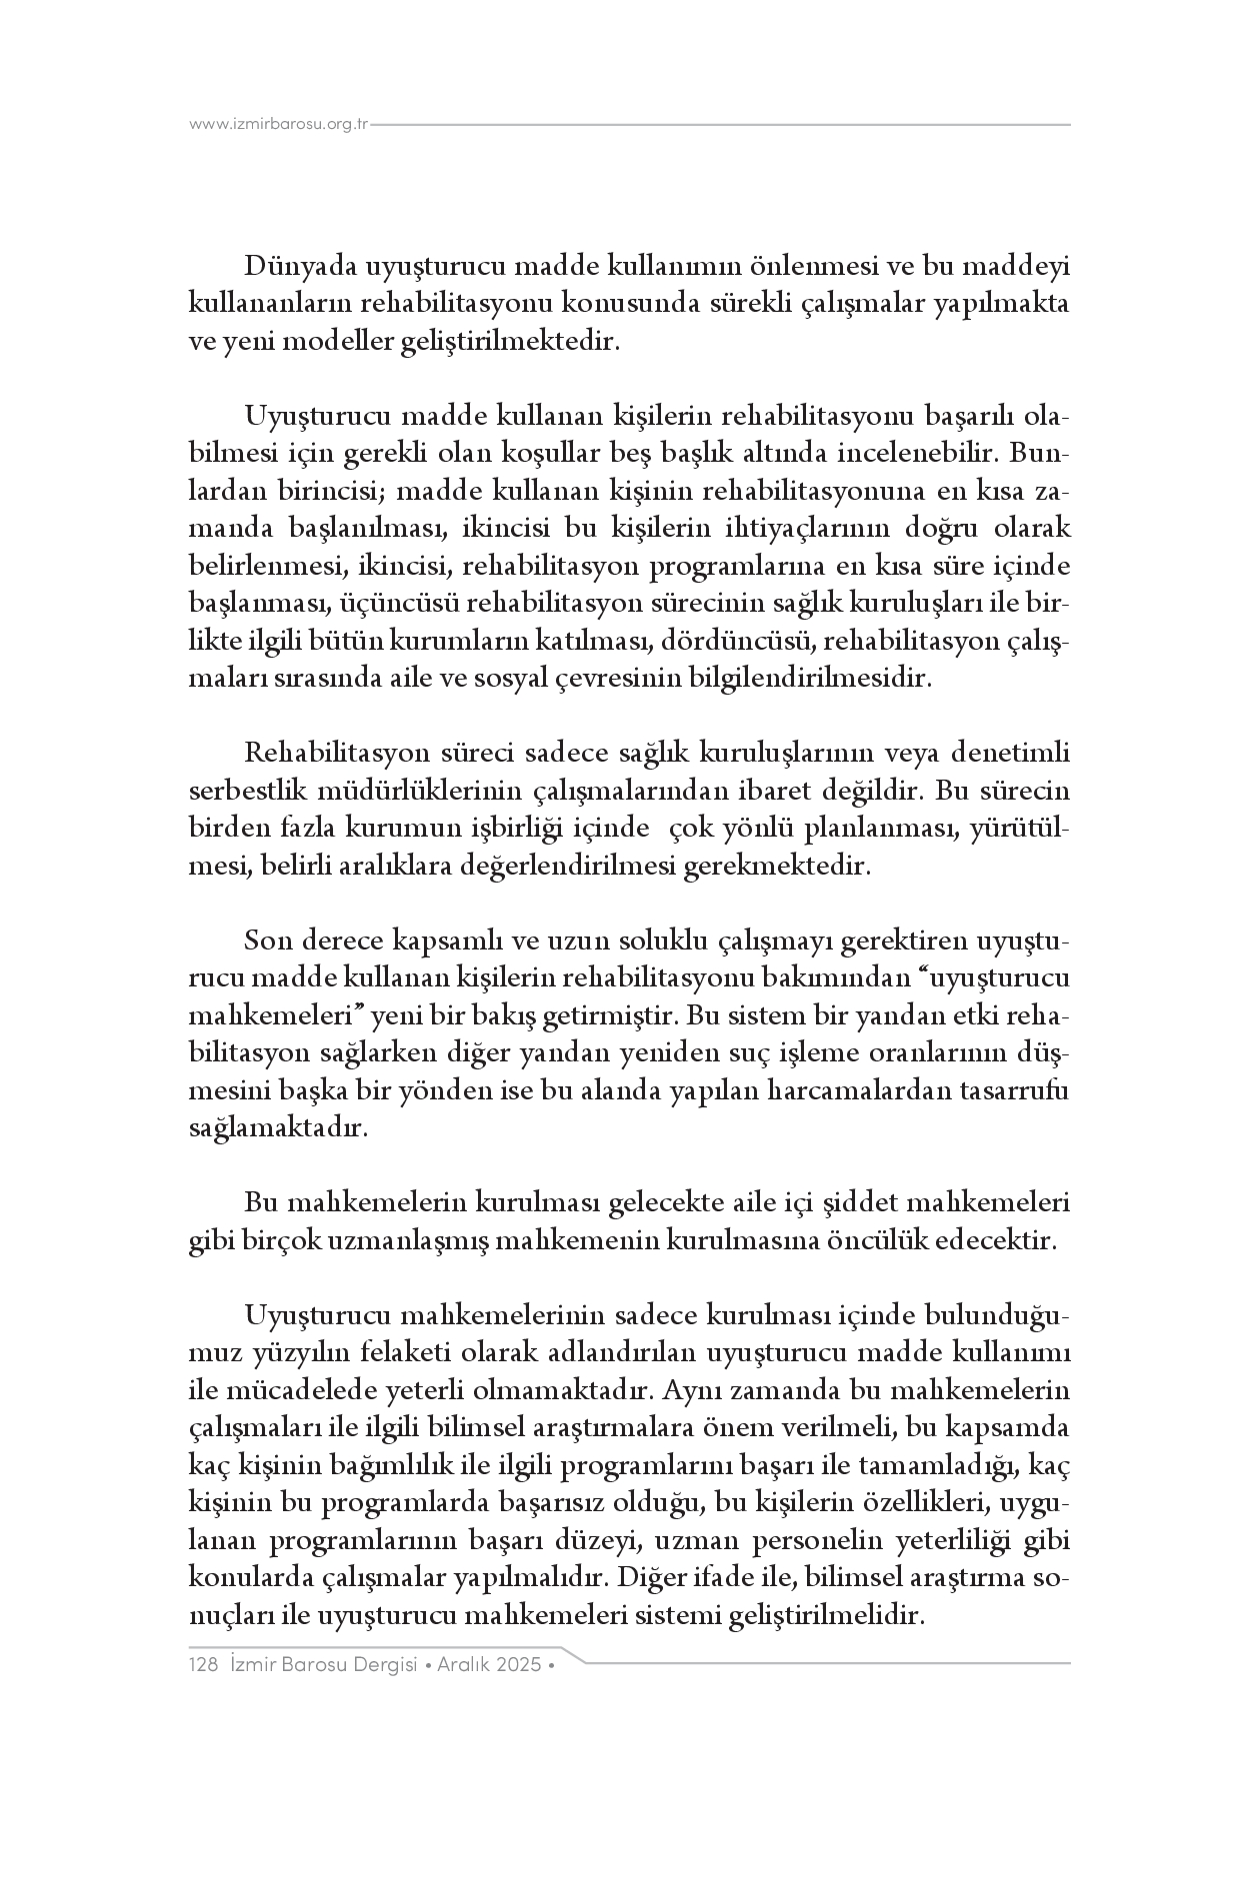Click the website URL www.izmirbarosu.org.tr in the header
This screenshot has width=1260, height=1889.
pos(279,124)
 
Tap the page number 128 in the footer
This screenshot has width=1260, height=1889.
pos(203,1665)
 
